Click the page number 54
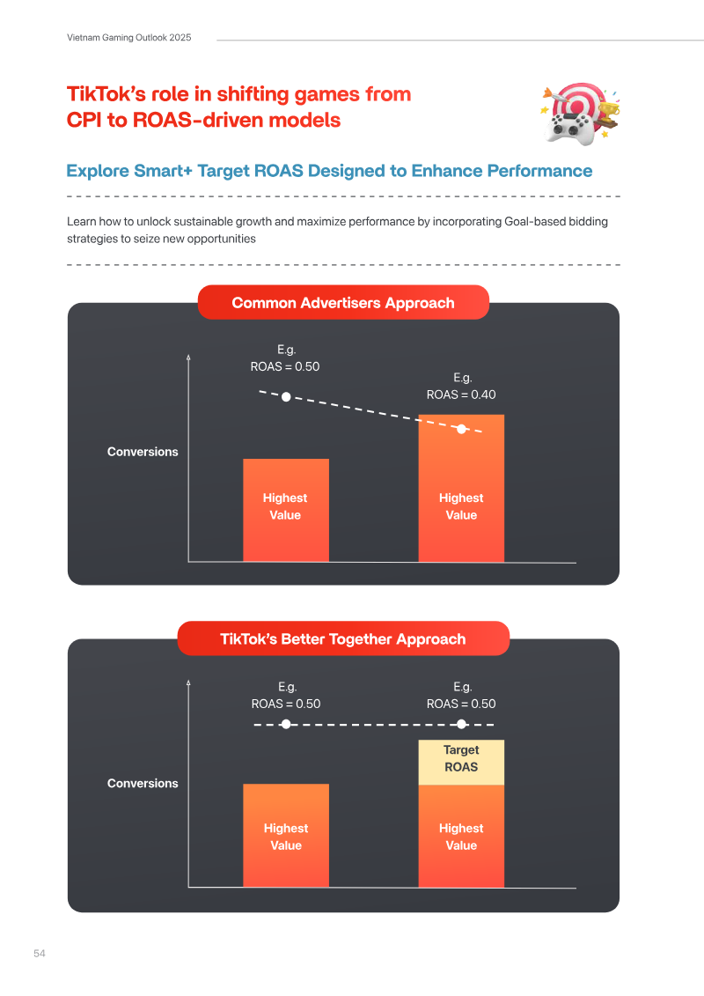tap(40, 954)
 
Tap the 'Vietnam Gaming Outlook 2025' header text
tap(128, 38)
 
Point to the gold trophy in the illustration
tap(608, 113)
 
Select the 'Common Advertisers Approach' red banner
tap(343, 302)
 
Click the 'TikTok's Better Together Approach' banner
tap(343, 638)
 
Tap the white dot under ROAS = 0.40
tap(461, 430)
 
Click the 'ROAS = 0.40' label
tap(461, 395)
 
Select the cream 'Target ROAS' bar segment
tap(461, 763)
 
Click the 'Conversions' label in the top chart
tap(143, 452)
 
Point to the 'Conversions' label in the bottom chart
tap(143, 783)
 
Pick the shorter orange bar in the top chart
tap(286, 510)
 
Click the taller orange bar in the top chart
tap(461, 488)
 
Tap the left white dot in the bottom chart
tap(286, 724)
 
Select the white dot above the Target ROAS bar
tap(461, 724)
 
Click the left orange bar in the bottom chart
tap(286, 836)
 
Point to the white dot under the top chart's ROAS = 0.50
tap(286, 397)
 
